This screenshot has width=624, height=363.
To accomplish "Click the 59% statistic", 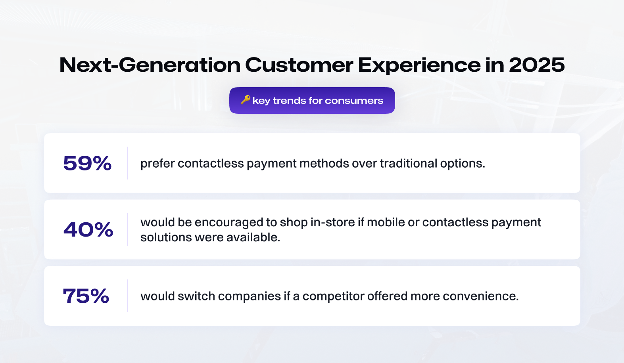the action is pyautogui.click(x=87, y=163).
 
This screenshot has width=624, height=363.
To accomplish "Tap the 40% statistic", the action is pyautogui.click(x=88, y=230).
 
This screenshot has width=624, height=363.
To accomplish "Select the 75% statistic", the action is pyautogui.click(x=86, y=296).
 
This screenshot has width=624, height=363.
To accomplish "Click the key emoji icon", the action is pyautogui.click(x=246, y=100).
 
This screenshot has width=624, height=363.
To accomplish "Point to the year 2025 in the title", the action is pyautogui.click(x=537, y=65).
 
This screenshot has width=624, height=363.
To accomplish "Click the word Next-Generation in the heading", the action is pyautogui.click(x=150, y=65).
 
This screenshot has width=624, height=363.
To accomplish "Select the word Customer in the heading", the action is pyautogui.click(x=299, y=65).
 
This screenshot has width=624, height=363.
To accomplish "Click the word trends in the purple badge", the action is pyautogui.click(x=289, y=101).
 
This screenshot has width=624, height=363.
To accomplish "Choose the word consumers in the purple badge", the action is pyautogui.click(x=354, y=101).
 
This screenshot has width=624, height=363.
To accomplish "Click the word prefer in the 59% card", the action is pyautogui.click(x=157, y=164).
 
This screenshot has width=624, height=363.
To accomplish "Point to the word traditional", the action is pyautogui.click(x=409, y=163).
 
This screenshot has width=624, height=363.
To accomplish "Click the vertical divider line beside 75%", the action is pyautogui.click(x=127, y=296).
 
